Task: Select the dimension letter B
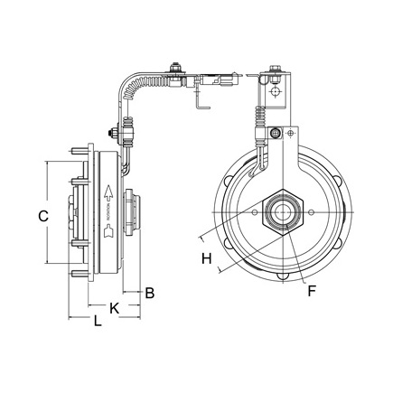(150, 292)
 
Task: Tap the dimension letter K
(114, 307)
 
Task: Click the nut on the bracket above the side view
(114, 136)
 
